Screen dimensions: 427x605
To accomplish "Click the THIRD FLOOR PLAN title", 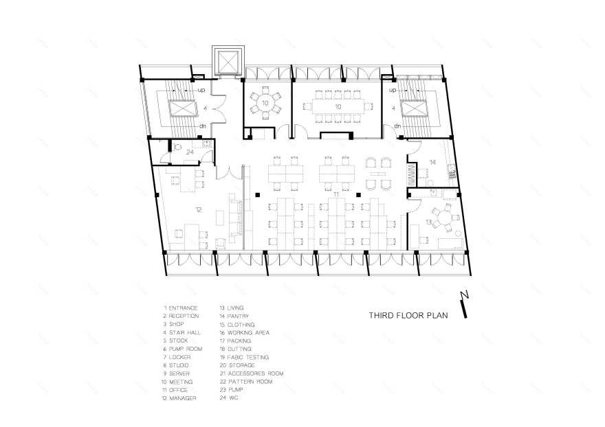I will [408, 316].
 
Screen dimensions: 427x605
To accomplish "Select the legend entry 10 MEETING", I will [177, 382].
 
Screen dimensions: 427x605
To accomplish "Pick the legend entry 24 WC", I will [229, 398].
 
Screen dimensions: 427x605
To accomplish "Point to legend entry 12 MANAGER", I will [179, 398].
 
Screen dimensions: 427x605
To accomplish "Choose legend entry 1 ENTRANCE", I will [181, 308].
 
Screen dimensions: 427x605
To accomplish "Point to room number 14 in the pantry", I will [432, 162].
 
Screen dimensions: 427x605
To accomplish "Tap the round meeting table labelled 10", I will [265, 102].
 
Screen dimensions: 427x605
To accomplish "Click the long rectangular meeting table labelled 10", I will [337, 107].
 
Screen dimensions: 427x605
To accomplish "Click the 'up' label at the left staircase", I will [202, 90].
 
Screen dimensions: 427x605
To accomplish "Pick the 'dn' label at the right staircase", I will [397, 126].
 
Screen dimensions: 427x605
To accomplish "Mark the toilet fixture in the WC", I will [177, 146].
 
